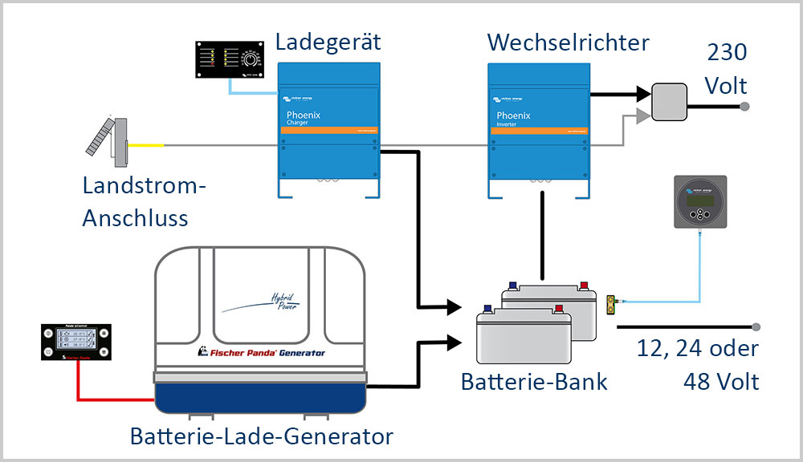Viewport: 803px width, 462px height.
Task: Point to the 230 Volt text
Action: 727,69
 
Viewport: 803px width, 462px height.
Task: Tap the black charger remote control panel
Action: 230,59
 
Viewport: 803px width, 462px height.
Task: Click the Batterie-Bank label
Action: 534,381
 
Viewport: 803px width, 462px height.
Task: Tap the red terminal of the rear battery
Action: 584,286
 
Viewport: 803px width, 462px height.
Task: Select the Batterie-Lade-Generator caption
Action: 262,436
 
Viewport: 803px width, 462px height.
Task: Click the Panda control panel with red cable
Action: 77,342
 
